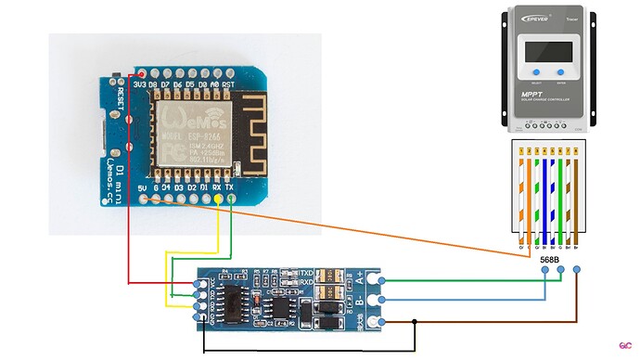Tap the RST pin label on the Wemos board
click(x=227, y=83)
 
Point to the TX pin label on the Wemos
click(x=229, y=186)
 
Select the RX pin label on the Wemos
click(x=216, y=186)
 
